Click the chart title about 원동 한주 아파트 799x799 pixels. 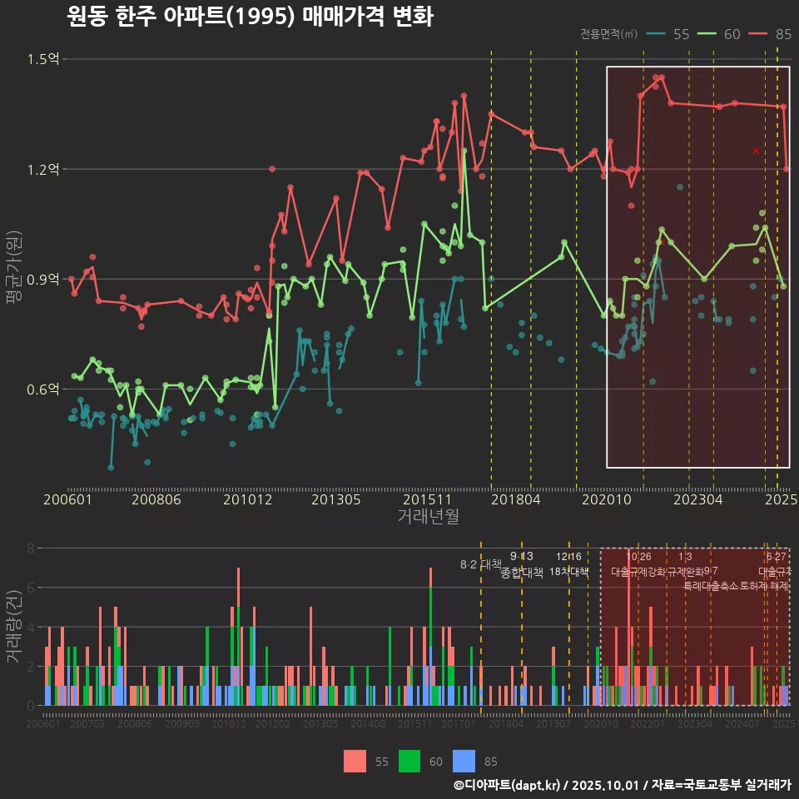coord(250,17)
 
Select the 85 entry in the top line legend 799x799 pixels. coord(782,34)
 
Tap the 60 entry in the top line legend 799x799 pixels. coord(732,34)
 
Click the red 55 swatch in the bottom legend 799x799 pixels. coord(355,761)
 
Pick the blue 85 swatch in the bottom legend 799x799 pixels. coord(464,761)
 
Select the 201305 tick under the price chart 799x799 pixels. coord(336,499)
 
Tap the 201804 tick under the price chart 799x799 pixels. coord(514,499)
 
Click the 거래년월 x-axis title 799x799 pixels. coord(428,516)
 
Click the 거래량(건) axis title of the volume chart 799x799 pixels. coord(12,626)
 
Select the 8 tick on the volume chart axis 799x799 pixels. coord(31,548)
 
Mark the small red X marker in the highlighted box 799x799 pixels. coord(756,151)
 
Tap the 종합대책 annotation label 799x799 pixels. coord(522,572)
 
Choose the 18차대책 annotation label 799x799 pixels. coord(568,572)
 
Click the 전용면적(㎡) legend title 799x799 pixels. coord(608,34)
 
